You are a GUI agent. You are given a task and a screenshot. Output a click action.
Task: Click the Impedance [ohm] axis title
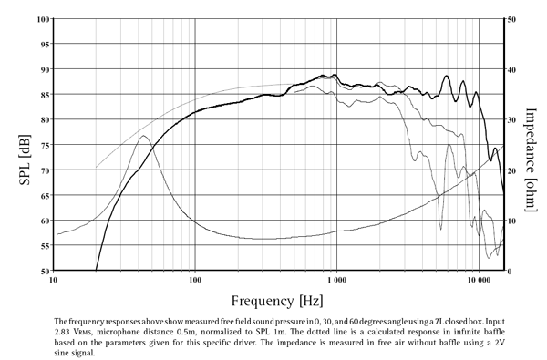coord(531,144)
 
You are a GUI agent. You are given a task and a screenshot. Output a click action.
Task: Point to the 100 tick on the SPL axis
coord(43,19)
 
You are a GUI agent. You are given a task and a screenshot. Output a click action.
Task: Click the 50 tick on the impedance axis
coord(513,19)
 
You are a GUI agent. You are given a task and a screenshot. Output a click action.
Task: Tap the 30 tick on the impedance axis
coord(513,119)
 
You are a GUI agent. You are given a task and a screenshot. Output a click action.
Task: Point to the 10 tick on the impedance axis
coord(513,221)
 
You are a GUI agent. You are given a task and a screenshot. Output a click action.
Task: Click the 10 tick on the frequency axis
coord(54,282)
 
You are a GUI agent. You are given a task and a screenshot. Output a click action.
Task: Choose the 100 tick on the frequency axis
coord(195,282)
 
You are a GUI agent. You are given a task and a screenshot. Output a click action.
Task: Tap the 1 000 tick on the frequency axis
coord(337,282)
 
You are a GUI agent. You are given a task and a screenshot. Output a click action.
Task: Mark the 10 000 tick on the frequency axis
coord(479,282)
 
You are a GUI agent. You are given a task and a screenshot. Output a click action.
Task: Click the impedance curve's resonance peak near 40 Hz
coord(143,136)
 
